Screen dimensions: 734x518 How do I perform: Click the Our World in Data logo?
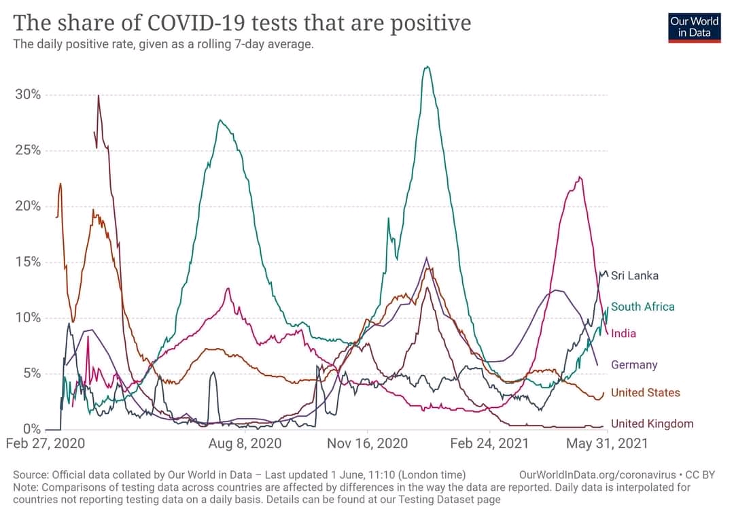pyautogui.click(x=694, y=28)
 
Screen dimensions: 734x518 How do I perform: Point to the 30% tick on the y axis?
pyautogui.click(x=28, y=94)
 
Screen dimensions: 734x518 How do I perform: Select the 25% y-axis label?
pyautogui.click(x=28, y=150)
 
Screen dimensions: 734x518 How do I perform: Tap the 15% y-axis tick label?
pyautogui.click(x=28, y=262)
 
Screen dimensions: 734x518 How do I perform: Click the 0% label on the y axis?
pyautogui.click(x=32, y=429)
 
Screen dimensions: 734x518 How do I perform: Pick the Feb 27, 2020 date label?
pyautogui.click(x=46, y=443)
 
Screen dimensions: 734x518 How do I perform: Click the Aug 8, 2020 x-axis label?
pyautogui.click(x=245, y=443)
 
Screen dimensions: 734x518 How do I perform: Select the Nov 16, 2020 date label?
pyautogui.click(x=368, y=443)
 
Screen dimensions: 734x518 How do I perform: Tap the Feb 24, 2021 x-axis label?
pyautogui.click(x=489, y=443)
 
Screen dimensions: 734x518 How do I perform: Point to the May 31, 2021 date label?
pyautogui.click(x=607, y=443)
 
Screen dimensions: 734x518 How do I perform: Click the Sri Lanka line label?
pyautogui.click(x=635, y=276)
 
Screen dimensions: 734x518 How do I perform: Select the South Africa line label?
pyautogui.click(x=643, y=307)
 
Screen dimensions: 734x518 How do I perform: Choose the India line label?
pyautogui.click(x=623, y=334)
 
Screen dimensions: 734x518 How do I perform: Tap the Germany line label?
pyautogui.click(x=634, y=364)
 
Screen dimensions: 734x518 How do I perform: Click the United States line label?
pyautogui.click(x=646, y=392)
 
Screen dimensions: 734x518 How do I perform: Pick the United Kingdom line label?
pyautogui.click(x=652, y=424)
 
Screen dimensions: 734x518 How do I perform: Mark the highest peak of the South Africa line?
pyautogui.click(x=426, y=67)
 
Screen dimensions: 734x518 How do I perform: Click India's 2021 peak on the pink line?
pyautogui.click(x=580, y=177)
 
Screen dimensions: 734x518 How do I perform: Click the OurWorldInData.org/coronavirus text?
pyautogui.click(x=598, y=475)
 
